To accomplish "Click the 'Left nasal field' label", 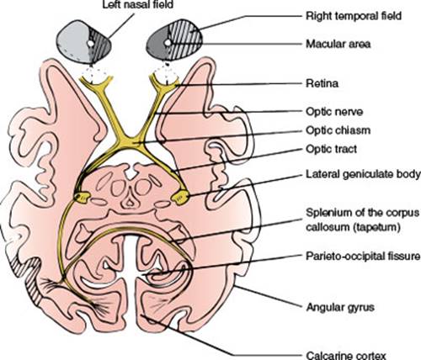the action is coord(137,4).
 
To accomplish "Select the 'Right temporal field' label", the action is coord(354,16).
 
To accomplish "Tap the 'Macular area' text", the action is coord(338,44).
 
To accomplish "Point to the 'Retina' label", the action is coord(322,83).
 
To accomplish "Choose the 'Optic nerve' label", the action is coord(334,112).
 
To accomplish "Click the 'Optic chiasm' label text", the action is coord(338,130).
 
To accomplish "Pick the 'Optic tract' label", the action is coord(332,149).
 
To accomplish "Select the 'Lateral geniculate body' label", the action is coord(363,175).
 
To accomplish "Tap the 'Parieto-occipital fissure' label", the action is coord(363,257).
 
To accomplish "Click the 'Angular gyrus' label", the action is coord(340,308).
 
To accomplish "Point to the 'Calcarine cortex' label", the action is coord(346,355).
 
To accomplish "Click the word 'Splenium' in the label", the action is coord(327,213).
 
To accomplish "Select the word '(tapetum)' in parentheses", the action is coord(376,227).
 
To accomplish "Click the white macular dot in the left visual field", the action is coord(90,44).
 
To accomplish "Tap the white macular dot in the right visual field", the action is coord(168,43).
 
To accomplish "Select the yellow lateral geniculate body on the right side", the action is coord(180,196).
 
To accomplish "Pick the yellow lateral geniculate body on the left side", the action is coord(82,198).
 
